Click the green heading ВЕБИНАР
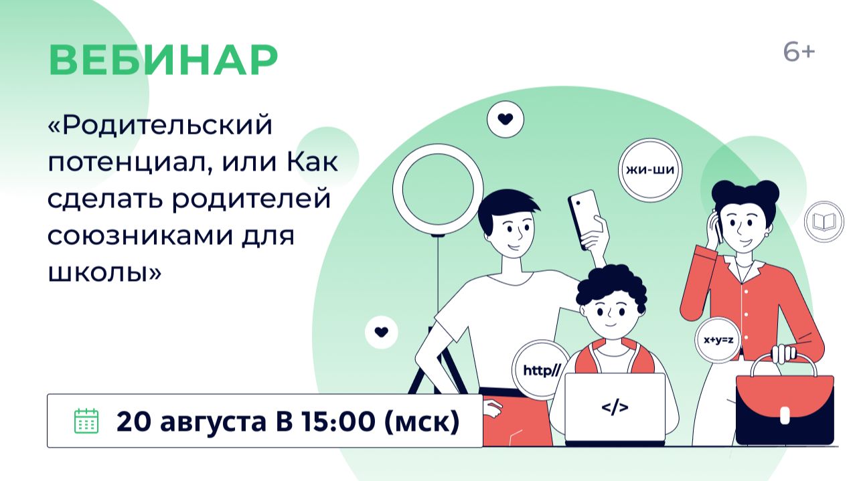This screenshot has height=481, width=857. (x=163, y=60)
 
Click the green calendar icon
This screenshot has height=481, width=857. (x=86, y=421)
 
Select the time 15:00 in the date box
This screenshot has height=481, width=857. (x=338, y=421)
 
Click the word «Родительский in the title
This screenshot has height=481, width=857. (x=160, y=125)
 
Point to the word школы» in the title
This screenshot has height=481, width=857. (x=104, y=272)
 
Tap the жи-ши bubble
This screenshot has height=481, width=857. (x=650, y=170)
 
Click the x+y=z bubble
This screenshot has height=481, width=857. (x=718, y=340)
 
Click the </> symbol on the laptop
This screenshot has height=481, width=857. (x=615, y=407)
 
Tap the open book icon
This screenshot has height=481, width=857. (x=824, y=221)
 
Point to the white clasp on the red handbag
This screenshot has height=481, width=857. (x=785, y=415)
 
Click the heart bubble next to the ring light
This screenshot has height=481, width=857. (x=505, y=119)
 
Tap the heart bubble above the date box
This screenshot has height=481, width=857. (x=382, y=332)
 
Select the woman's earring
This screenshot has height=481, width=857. (x=767, y=234)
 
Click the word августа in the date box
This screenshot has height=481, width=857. (x=213, y=422)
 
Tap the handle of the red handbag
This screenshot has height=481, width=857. (x=783, y=361)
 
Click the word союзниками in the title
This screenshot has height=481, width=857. (x=141, y=235)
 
